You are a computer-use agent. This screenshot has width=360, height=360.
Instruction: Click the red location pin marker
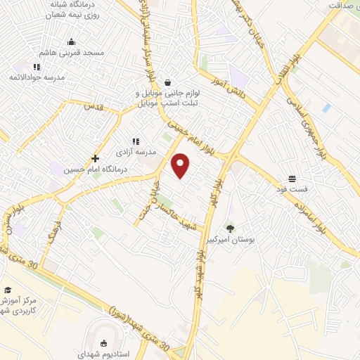[x=181, y=165]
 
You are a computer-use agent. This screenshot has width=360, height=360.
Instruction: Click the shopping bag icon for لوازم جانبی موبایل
[x=168, y=81]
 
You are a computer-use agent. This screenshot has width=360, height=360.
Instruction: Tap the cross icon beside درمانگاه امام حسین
[x=95, y=158]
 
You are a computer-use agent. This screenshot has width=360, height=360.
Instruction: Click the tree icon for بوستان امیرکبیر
[x=230, y=228]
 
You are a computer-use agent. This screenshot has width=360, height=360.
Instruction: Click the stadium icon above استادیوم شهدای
[x=104, y=344]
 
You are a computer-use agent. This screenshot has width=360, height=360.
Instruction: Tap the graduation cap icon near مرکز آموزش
[x=7, y=290]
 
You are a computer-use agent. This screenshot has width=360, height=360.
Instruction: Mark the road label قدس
[x=93, y=106]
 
